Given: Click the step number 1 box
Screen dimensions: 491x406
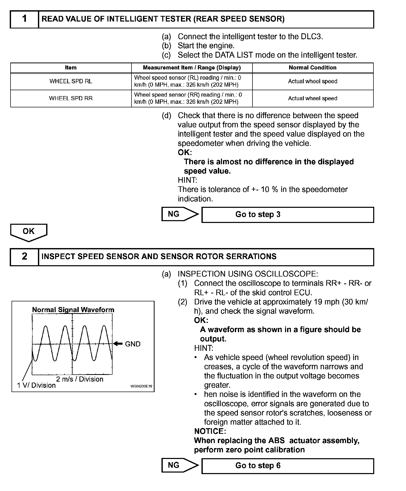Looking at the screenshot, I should (x=24, y=19).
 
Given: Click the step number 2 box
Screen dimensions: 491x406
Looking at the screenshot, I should (x=24, y=257).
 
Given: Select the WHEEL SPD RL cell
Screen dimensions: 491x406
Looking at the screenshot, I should (x=71, y=81).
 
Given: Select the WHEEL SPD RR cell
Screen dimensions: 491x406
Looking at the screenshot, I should (x=71, y=98).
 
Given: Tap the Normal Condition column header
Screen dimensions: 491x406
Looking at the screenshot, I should (x=312, y=68).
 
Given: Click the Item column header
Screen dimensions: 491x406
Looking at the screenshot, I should (x=71, y=68).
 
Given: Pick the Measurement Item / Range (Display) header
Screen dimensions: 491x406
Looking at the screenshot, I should (x=192, y=68).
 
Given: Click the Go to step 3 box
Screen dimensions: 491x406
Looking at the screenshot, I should (x=288, y=214).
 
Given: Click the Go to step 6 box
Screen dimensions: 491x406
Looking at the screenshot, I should (x=288, y=466).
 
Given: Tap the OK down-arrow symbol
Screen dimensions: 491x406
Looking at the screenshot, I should (x=28, y=232).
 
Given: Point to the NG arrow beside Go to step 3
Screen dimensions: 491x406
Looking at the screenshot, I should (x=180, y=214).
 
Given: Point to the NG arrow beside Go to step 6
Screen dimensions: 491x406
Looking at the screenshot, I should (x=180, y=465).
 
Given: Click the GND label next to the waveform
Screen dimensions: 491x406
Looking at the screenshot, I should (x=133, y=344).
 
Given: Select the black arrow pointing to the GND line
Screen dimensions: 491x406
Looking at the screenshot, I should (x=118, y=344).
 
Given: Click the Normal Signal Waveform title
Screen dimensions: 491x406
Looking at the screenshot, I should (x=73, y=310).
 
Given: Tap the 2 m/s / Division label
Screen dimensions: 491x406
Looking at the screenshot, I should (x=80, y=379).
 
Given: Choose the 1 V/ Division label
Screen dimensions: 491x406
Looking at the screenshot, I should (x=36, y=385).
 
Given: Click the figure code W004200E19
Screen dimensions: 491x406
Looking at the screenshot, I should (x=141, y=386).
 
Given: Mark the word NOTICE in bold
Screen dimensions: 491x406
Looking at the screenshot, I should (x=209, y=431).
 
